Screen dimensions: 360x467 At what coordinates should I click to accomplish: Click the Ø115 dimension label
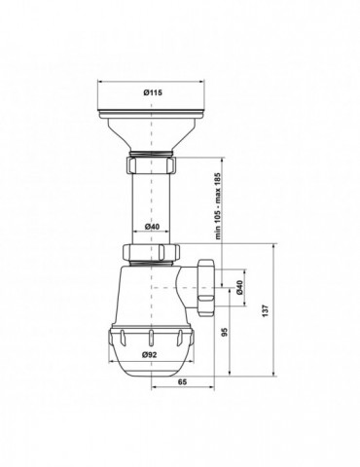pos(153,92)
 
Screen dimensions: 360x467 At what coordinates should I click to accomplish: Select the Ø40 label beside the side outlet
pos(239,287)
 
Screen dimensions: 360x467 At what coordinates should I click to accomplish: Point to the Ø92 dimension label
pos(149,355)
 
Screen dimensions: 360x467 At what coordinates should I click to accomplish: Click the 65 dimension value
pos(183,382)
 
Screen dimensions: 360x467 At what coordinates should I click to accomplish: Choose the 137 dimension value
pos(266,310)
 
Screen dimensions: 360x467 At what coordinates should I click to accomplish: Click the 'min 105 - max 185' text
pos(218,206)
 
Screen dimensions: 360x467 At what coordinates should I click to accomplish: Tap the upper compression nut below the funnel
pos(151,164)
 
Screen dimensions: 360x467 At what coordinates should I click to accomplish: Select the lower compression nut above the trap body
pos(151,253)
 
